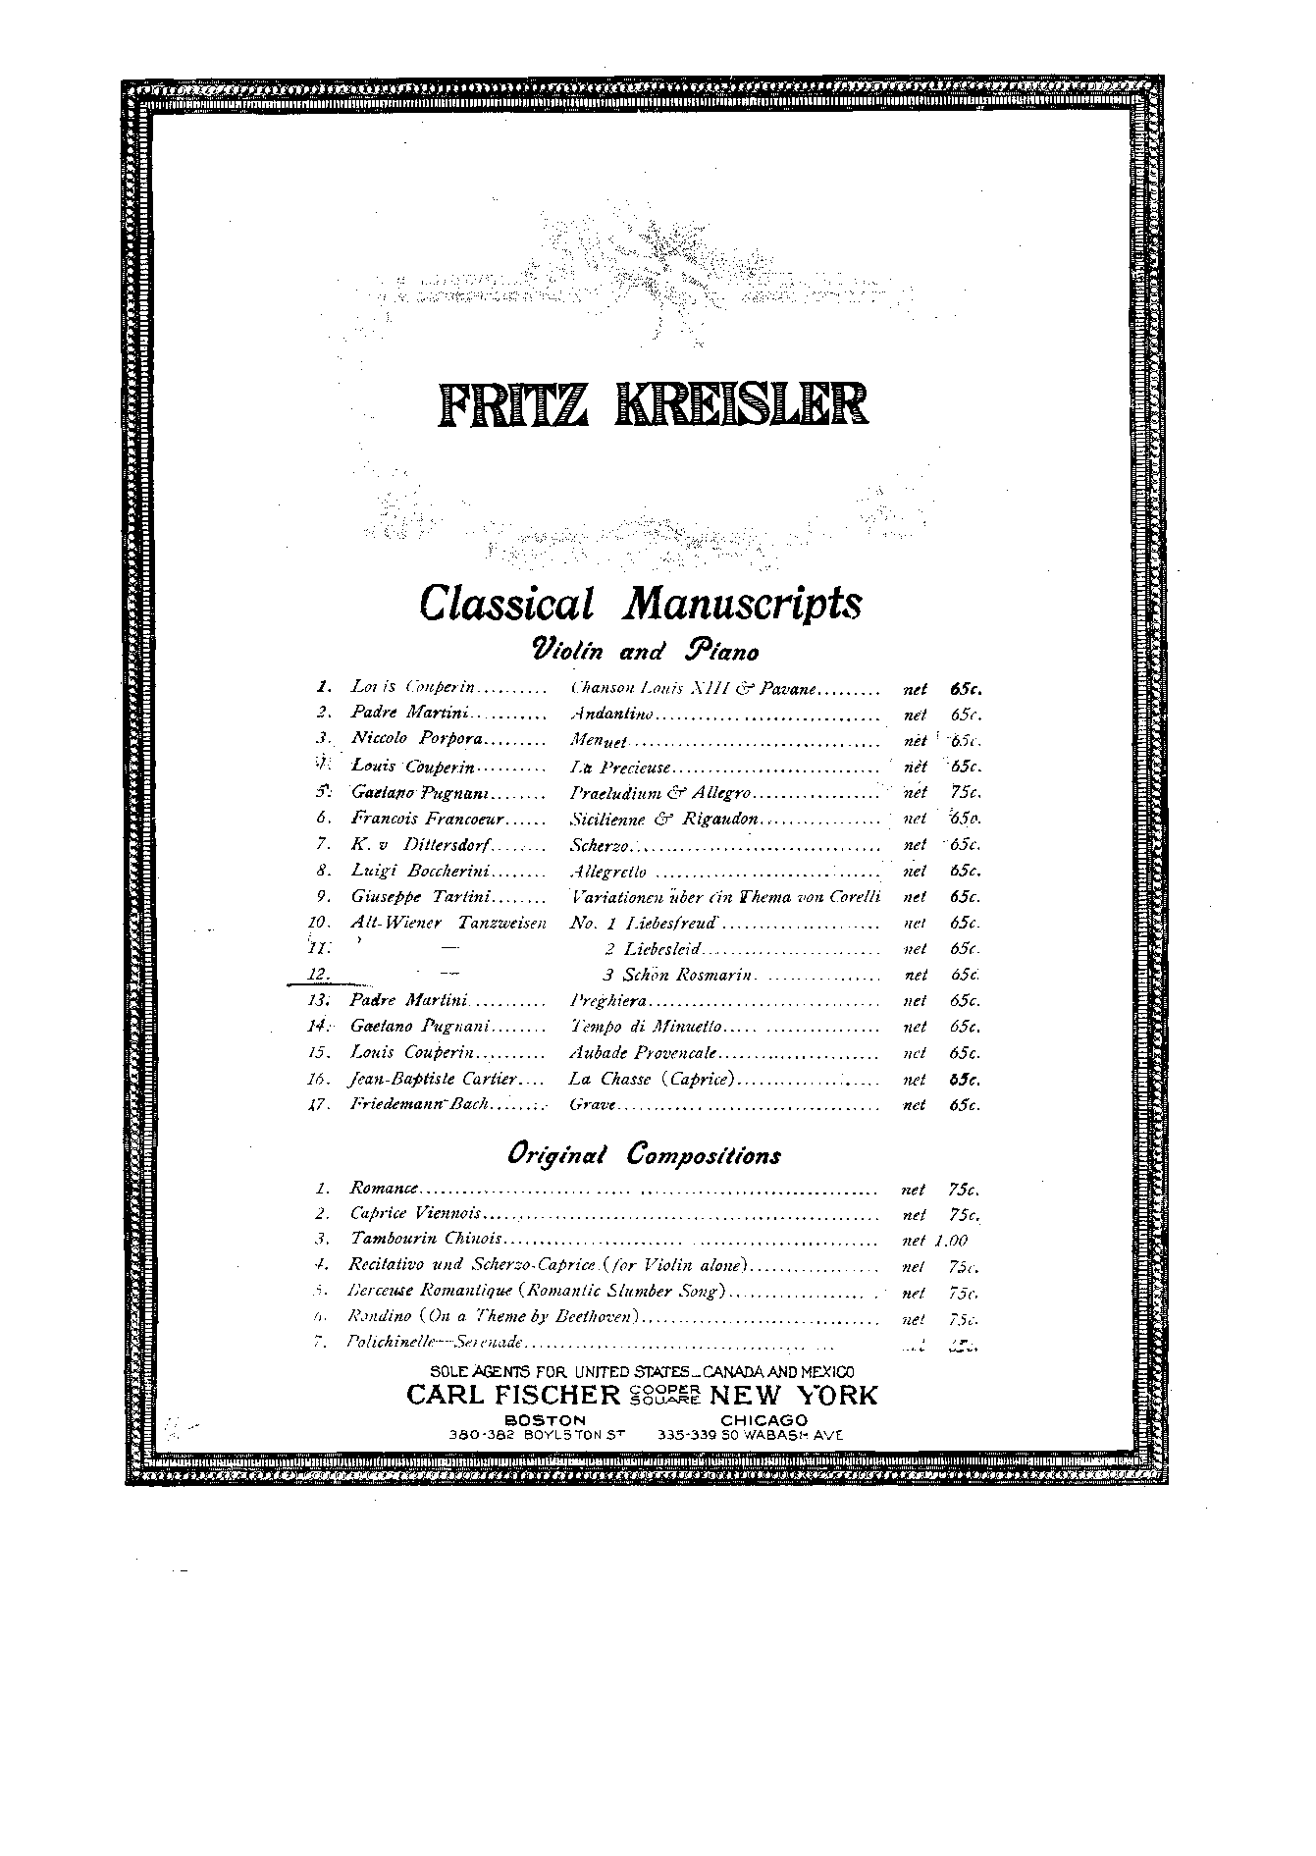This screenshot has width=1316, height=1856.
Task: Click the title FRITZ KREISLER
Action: tap(652, 403)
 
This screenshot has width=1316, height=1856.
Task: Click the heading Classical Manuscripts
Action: tap(640, 603)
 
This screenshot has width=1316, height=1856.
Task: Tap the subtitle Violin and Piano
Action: tap(645, 650)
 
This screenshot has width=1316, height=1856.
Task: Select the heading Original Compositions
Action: tap(644, 1154)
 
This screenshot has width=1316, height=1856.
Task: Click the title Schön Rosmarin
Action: tap(687, 976)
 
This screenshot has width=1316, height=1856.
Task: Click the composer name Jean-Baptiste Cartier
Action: tap(433, 1080)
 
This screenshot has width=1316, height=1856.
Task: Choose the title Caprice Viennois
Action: tap(416, 1215)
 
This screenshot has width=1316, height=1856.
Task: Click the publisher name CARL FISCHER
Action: tap(513, 1396)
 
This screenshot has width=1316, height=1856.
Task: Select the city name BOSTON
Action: tap(545, 1420)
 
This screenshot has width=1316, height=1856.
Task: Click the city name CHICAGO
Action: tap(763, 1420)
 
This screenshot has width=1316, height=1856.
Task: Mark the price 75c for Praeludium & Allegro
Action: tap(966, 792)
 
